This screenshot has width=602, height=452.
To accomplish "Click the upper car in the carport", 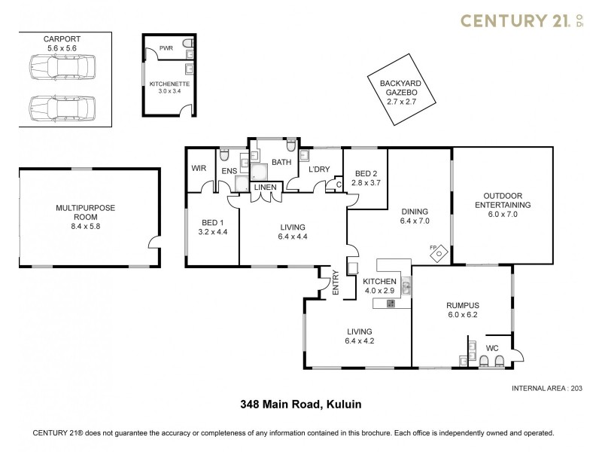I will [x=62, y=68].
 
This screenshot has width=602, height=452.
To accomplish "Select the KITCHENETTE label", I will [x=166, y=83].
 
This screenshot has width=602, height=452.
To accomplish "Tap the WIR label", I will [x=199, y=168].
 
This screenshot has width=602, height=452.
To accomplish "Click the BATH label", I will [x=281, y=162].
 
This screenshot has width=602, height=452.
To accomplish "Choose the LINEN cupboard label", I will [x=265, y=187].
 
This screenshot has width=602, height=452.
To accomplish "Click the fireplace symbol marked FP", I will [x=438, y=253].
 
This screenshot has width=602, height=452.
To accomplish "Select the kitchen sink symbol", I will [x=406, y=285].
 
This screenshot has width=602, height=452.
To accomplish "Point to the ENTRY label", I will [x=336, y=282].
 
